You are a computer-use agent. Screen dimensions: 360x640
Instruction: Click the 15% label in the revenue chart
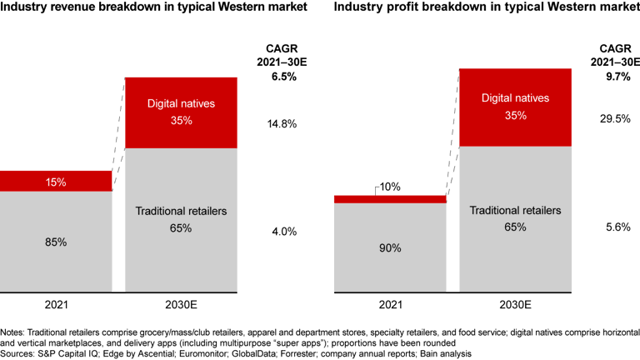click(56, 182)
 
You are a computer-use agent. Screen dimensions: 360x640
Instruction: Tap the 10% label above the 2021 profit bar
click(389, 187)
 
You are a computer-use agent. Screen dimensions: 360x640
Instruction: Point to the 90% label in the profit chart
click(389, 248)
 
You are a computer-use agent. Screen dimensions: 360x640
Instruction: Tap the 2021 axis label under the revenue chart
click(56, 304)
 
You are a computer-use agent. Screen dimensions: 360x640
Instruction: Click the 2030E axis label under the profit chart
click(515, 304)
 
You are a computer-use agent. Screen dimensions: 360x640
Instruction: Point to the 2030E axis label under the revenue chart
click(181, 304)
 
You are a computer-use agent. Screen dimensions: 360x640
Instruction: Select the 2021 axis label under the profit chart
click(389, 304)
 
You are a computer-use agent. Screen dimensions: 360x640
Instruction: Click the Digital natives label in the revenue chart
click(181, 104)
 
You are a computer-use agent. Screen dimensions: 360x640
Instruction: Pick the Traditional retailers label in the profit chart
click(515, 210)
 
